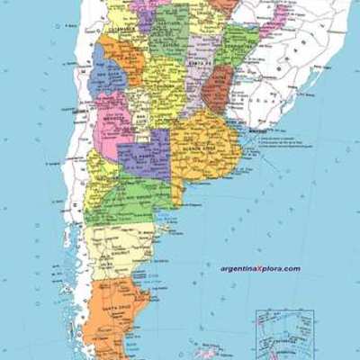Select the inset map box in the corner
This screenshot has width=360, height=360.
point(284,334)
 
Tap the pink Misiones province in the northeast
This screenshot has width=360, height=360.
point(275,18)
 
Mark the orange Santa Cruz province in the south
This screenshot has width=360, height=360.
point(112,310)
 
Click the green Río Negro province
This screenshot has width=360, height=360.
point(135,193)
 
